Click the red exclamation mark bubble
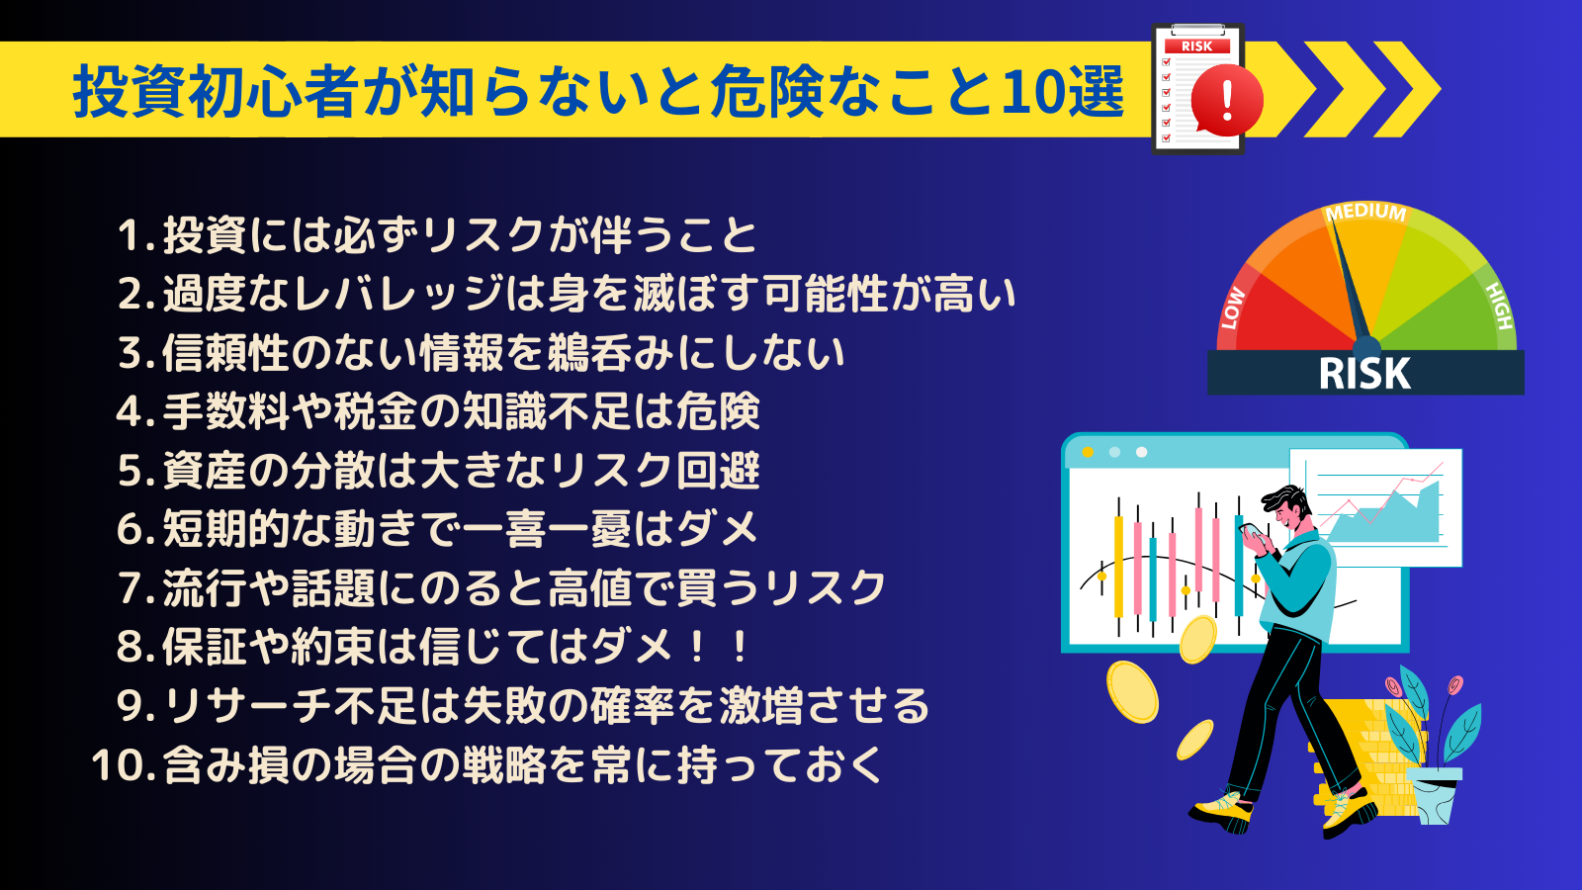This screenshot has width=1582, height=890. click(1227, 100)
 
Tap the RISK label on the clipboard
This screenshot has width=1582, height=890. click(1196, 45)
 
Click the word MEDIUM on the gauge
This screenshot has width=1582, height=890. click(1365, 212)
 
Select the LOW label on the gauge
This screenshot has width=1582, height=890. click(1233, 308)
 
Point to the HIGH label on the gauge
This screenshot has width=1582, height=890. click(1499, 306)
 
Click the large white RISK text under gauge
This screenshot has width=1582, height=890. click(1364, 374)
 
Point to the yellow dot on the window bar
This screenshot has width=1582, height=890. click(1088, 452)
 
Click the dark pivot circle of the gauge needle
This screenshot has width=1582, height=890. click(1365, 348)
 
